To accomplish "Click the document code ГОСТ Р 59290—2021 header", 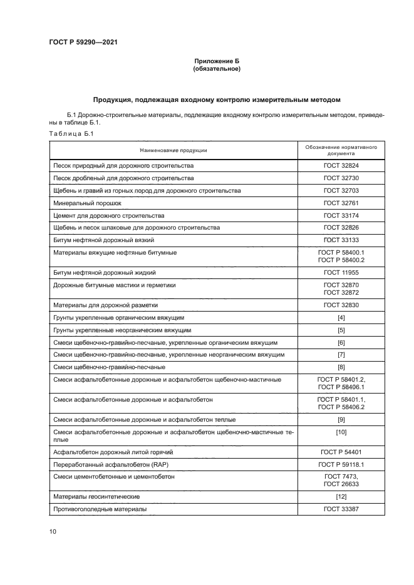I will click(x=83, y=43).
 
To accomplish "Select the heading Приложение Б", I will click(x=217, y=61).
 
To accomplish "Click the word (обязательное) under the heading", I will click(x=217, y=68).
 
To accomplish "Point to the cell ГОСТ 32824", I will click(x=341, y=166).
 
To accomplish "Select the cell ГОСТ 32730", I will click(x=341, y=178).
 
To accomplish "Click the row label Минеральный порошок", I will click(x=87, y=203).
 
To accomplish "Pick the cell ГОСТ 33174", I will click(x=341, y=215).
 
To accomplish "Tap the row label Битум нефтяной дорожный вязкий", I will click(x=104, y=240).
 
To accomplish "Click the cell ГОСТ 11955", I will click(x=341, y=273).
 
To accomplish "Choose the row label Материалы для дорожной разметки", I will click(x=106, y=305).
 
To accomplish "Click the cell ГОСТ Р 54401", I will click(x=341, y=452).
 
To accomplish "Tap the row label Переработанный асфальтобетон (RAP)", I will click(x=103, y=464).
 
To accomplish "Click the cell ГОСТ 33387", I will click(x=341, y=509).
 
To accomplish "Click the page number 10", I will click(x=53, y=532).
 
